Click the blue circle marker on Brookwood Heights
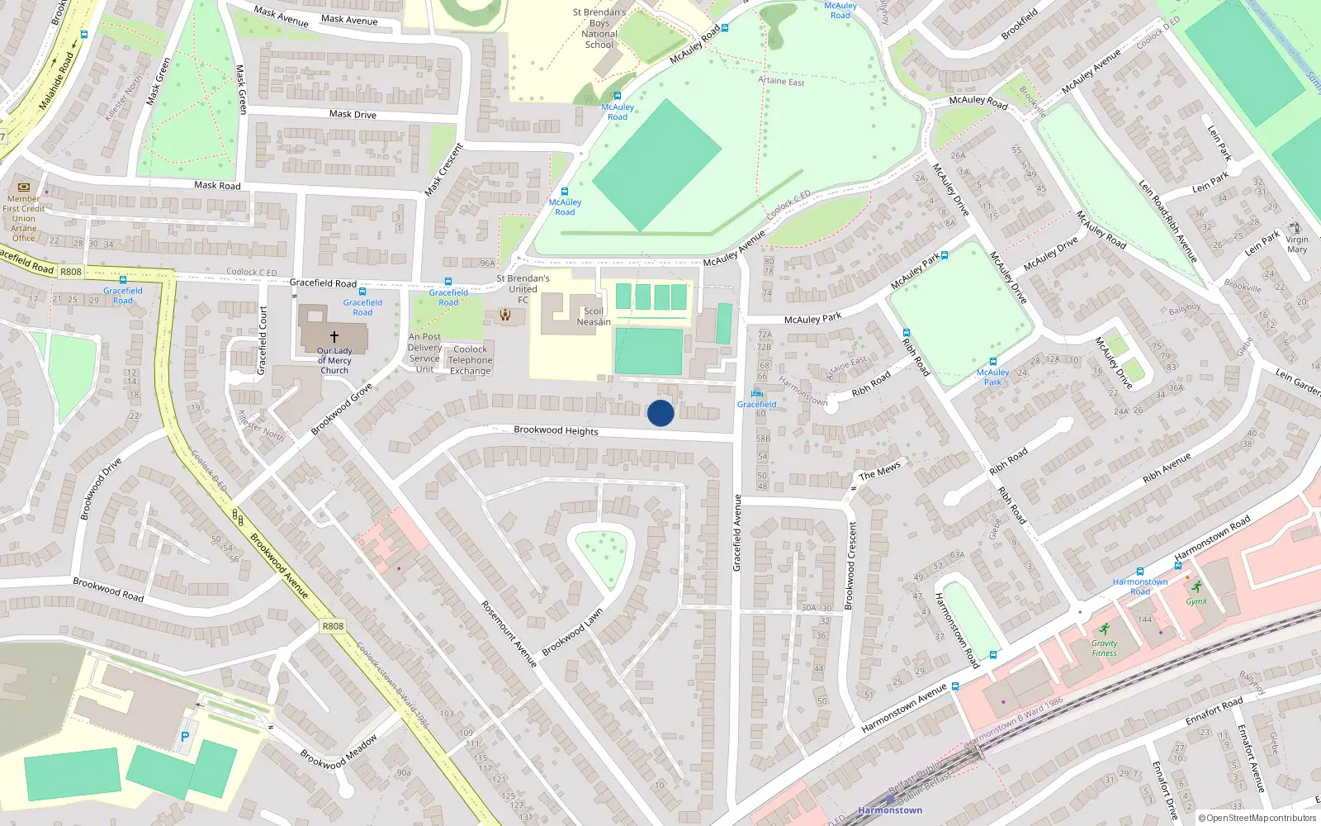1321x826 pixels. (660, 413)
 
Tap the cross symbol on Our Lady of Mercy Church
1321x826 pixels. (334, 337)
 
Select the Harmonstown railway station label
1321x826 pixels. (890, 810)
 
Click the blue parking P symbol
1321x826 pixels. (185, 737)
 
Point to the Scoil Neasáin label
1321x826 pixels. (594, 317)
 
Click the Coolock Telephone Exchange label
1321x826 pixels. (471, 360)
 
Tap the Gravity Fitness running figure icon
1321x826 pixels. (1105, 629)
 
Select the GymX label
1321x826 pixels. (1196, 601)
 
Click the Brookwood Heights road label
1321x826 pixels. (556, 430)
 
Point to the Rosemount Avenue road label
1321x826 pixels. (509, 634)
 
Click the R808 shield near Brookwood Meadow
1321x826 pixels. (333, 626)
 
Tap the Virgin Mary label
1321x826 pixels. (1297, 244)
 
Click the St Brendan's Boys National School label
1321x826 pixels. (599, 29)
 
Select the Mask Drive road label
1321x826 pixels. (353, 115)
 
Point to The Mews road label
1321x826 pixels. (880, 472)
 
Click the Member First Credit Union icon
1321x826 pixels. (24, 188)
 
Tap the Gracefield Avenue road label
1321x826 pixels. (737, 533)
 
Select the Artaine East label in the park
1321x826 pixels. (781, 81)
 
